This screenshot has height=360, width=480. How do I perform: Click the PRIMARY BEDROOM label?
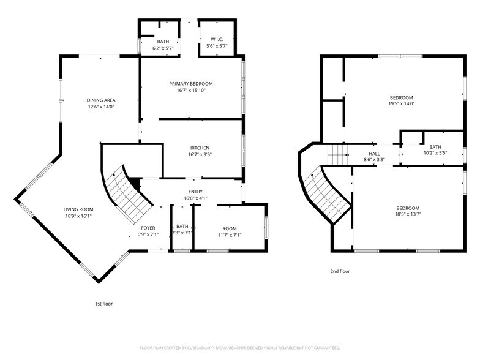(191, 83)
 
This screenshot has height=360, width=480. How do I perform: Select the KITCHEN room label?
(200, 148)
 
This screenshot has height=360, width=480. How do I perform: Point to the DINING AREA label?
(101, 100)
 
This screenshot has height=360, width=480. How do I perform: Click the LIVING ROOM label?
(78, 209)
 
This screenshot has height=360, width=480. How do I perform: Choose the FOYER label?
(148, 227)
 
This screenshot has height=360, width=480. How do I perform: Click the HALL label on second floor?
(374, 154)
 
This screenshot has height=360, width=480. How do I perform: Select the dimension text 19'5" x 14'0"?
(402, 103)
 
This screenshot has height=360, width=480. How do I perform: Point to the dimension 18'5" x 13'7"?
(407, 214)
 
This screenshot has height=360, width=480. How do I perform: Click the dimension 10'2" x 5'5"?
(435, 153)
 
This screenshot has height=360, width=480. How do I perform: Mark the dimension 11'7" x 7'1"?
(230, 234)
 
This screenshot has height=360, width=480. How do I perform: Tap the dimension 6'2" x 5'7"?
(163, 47)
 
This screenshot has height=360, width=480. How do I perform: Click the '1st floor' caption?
(103, 303)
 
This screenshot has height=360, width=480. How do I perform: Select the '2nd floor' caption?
(340, 271)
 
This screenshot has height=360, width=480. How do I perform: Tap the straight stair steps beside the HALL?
(337, 154)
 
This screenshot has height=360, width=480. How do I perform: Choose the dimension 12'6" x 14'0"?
(101, 107)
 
